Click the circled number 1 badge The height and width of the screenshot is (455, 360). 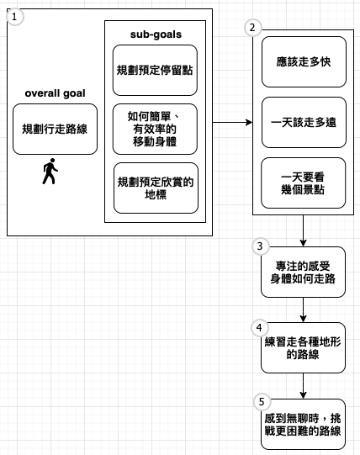pyautogui.click(x=14, y=17)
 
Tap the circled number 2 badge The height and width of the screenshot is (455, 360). pyautogui.click(x=252, y=28)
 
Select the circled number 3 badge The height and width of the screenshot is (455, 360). pyautogui.click(x=260, y=246)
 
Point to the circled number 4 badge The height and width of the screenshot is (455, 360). pyautogui.click(x=259, y=328)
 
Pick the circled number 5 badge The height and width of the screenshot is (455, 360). pyautogui.click(x=262, y=402)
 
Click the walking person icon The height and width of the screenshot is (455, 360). pyautogui.click(x=50, y=172)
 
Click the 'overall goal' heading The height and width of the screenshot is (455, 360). pyautogui.click(x=55, y=93)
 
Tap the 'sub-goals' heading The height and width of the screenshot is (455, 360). pyautogui.click(x=156, y=34)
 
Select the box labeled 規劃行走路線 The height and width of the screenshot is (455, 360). pyautogui.click(x=55, y=130)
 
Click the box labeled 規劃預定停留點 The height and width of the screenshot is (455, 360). pyautogui.click(x=155, y=70)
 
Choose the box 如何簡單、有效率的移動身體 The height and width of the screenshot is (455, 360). pyautogui.click(x=155, y=130)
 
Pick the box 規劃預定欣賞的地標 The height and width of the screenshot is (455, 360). pyautogui.click(x=156, y=188)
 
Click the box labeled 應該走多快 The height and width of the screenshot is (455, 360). pyautogui.click(x=304, y=61)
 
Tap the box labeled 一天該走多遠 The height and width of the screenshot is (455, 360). pyautogui.click(x=304, y=123)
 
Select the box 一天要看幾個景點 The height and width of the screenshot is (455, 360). pyautogui.click(x=304, y=183)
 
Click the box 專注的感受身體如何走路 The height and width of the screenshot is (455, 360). pyautogui.click(x=303, y=272)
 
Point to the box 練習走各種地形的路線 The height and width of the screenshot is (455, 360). pyautogui.click(x=303, y=348)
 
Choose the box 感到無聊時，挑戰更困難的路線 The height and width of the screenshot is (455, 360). pyautogui.click(x=303, y=425)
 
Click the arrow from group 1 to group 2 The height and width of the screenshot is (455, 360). pyautogui.click(x=232, y=123)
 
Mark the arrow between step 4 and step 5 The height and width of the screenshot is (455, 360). pyautogui.click(x=303, y=386)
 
